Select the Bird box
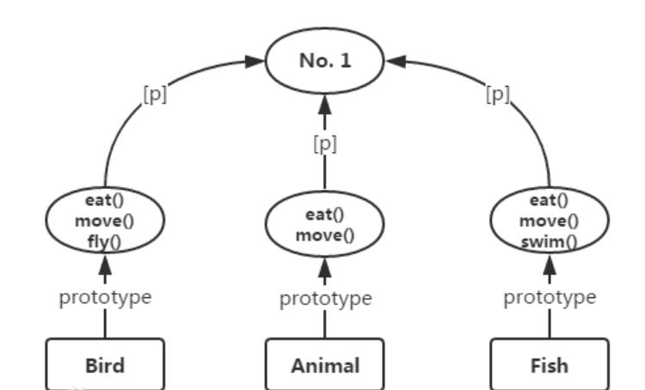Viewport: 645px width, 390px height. click(x=105, y=364)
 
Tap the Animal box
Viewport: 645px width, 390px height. click(x=324, y=364)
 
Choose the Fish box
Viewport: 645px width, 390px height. click(x=549, y=364)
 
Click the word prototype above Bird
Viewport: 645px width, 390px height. click(x=105, y=298)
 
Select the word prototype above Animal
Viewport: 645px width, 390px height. click(x=325, y=298)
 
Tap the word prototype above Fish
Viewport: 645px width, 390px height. click(x=549, y=298)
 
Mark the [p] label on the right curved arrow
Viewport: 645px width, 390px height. click(x=498, y=94)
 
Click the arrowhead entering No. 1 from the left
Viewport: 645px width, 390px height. click(x=255, y=61)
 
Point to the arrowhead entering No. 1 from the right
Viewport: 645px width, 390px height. click(x=395, y=61)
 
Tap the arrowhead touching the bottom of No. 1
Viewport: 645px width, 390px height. click(x=324, y=106)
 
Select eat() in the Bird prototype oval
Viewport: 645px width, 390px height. click(x=105, y=202)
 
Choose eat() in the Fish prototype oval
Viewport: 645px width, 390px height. click(x=549, y=202)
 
